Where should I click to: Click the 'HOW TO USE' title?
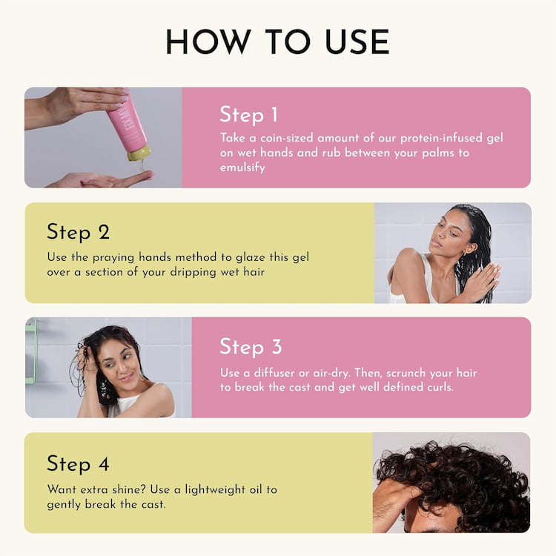point(277,42)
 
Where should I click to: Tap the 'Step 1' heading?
point(248,115)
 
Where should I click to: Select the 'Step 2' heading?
point(78,231)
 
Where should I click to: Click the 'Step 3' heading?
point(250,346)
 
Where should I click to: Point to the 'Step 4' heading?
point(78,464)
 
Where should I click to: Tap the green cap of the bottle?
point(138,153)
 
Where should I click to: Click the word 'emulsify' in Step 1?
point(242,168)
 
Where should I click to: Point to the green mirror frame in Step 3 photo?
point(30,352)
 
